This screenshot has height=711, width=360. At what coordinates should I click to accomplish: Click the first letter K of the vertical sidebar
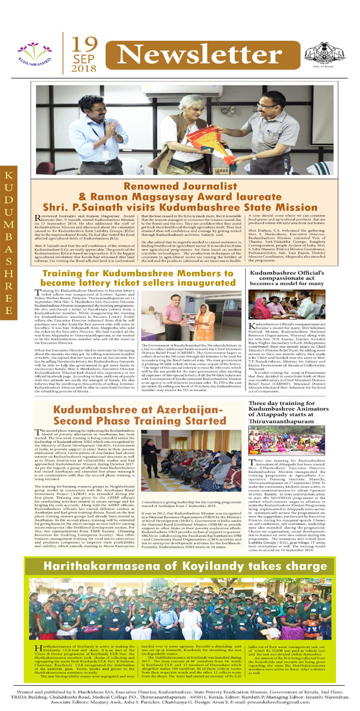coord(9,175)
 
